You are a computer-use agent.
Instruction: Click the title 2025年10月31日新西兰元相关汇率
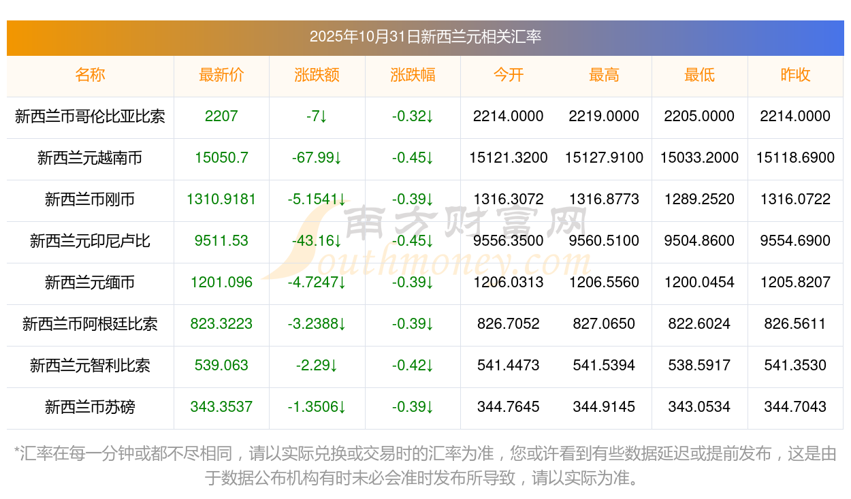click(x=425, y=37)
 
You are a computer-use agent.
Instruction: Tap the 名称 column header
click(x=90, y=75)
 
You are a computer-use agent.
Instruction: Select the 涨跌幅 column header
click(x=413, y=75)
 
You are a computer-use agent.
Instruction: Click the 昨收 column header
click(x=795, y=75)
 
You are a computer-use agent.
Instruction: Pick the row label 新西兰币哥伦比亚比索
click(x=90, y=116)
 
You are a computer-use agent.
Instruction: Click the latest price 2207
click(x=221, y=116)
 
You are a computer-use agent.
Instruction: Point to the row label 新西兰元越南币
click(x=90, y=158)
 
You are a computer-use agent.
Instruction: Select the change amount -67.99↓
click(x=317, y=158)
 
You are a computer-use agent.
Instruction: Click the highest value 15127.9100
click(x=604, y=158)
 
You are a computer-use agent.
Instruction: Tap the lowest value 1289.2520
click(x=699, y=199)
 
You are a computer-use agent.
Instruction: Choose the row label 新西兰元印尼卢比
click(x=90, y=241)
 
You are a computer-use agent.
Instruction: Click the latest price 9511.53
click(x=221, y=241)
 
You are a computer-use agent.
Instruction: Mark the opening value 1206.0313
click(x=508, y=283)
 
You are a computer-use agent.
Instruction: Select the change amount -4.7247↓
click(x=317, y=283)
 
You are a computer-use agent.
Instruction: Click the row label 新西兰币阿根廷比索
click(x=90, y=324)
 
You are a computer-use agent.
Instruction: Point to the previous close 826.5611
click(x=795, y=324)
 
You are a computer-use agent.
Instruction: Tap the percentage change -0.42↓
click(x=413, y=366)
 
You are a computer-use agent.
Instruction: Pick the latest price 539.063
click(x=221, y=366)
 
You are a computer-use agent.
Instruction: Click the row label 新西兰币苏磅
click(x=90, y=407)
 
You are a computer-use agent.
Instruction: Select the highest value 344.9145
click(x=604, y=407)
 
